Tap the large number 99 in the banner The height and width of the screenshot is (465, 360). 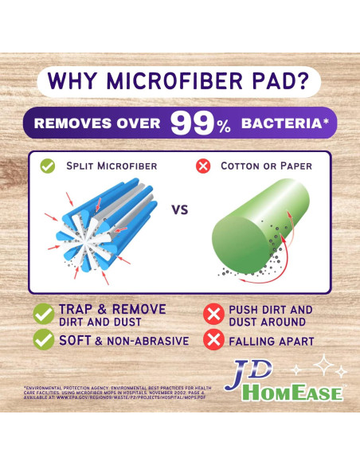[x=192, y=123]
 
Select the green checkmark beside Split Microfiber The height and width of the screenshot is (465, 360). [x=47, y=167]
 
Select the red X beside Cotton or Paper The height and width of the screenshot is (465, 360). [x=203, y=167]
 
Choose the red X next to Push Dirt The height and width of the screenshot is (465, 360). [x=213, y=315]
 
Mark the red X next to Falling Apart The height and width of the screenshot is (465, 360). [x=213, y=342]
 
